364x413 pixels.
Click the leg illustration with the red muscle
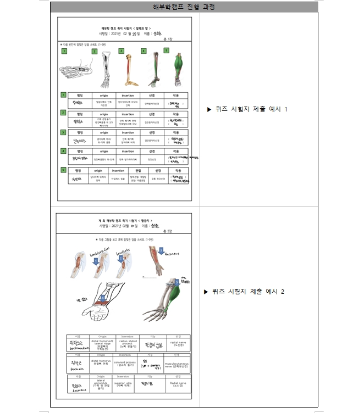click(x=128, y=70)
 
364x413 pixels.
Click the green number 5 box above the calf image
click(x=167, y=51)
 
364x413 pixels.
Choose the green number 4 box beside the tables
click(x=64, y=151)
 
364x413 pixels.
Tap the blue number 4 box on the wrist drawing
click(x=103, y=298)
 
